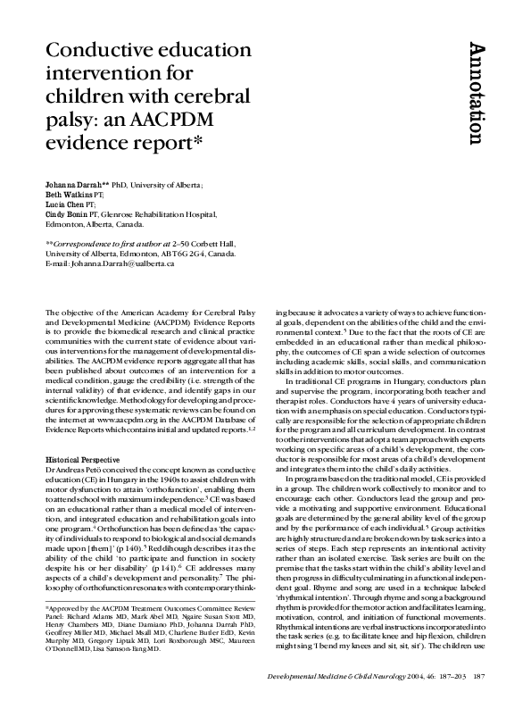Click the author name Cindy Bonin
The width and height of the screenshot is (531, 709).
[x=69, y=214]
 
